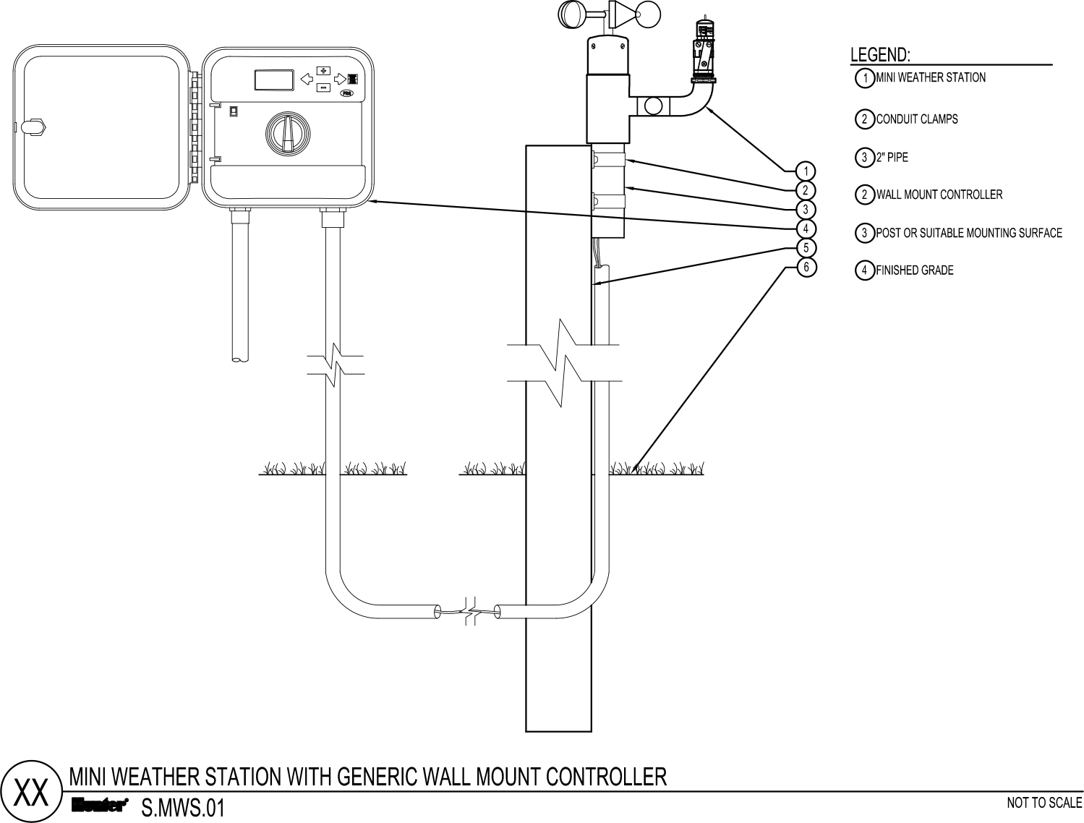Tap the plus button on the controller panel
click(323, 70)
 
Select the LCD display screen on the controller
click(274, 80)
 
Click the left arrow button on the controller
click(307, 79)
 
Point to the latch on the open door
click(31, 126)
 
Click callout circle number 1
click(806, 171)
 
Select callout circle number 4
click(806, 229)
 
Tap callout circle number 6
click(806, 267)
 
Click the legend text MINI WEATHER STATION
click(931, 77)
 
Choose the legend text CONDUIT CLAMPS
click(916, 119)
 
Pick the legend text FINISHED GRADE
click(915, 270)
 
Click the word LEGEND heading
click(880, 55)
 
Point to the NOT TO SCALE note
click(1044, 803)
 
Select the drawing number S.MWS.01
click(183, 809)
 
